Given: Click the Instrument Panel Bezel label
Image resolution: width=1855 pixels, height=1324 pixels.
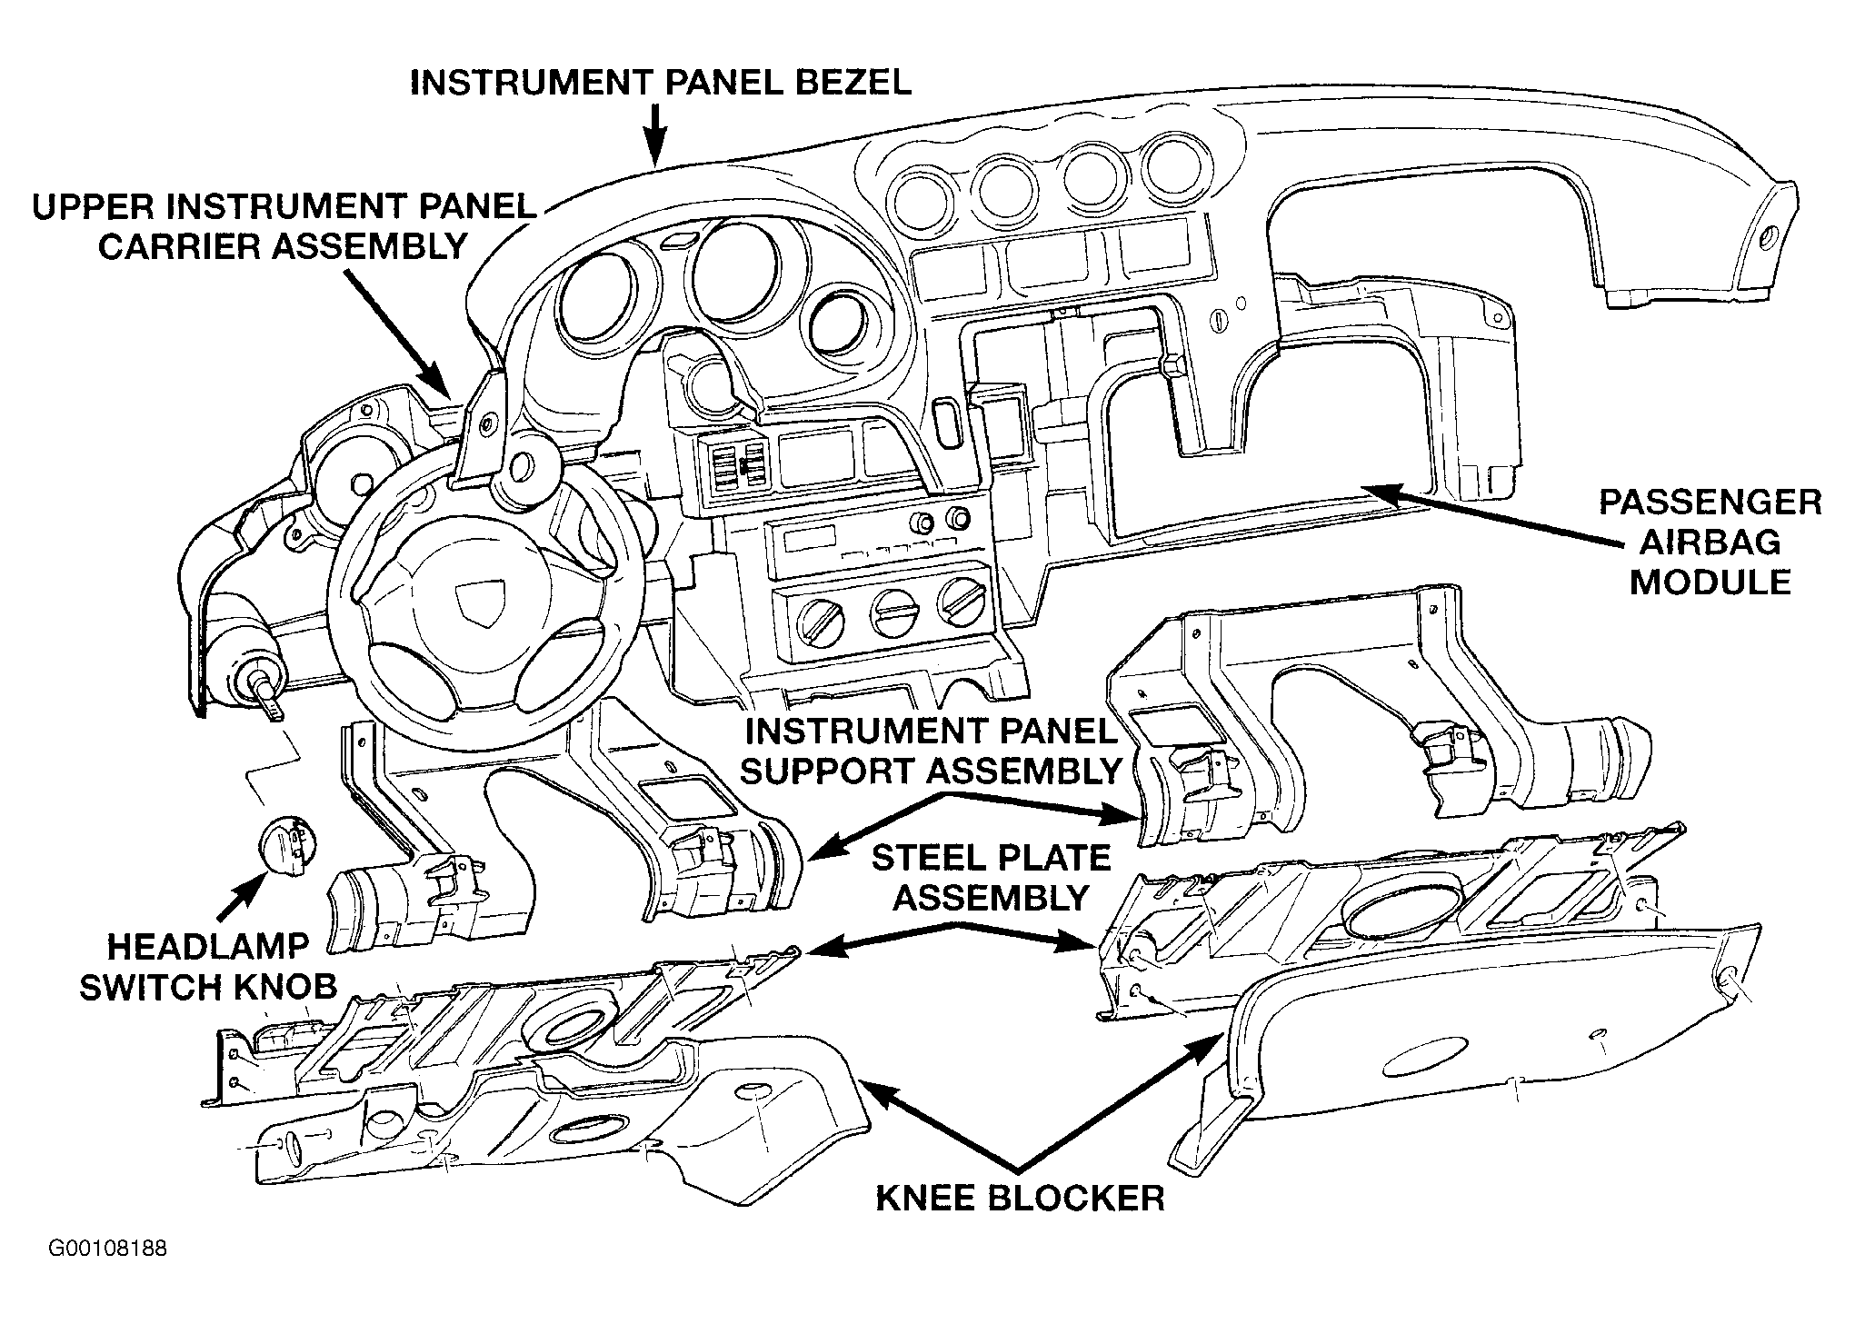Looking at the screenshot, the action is [x=661, y=82].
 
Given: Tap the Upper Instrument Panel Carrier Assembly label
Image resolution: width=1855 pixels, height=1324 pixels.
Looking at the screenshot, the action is [x=284, y=225].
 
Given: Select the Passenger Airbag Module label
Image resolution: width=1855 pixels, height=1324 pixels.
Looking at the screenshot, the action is [x=1710, y=542].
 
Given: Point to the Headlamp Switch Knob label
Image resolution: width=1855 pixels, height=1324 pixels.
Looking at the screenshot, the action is [x=208, y=967].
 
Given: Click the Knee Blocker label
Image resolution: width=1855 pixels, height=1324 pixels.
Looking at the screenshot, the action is [x=1020, y=1198].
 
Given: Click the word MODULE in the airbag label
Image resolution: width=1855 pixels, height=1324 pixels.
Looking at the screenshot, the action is [x=1710, y=581].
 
